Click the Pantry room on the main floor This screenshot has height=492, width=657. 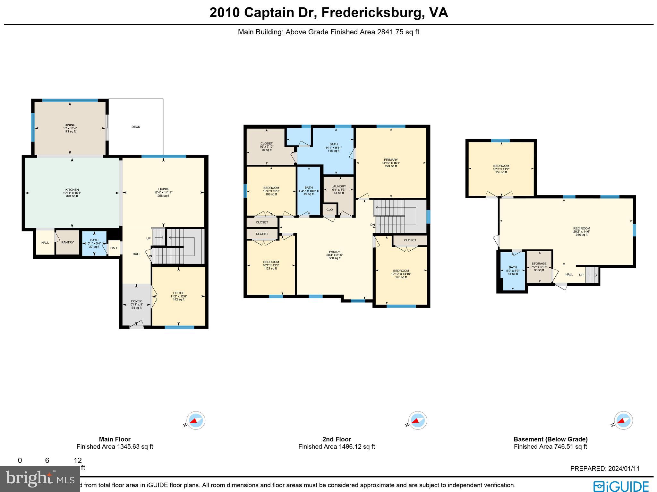pos(67,243)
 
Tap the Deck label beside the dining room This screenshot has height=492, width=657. pos(136,127)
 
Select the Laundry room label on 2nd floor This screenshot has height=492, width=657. pos(339,186)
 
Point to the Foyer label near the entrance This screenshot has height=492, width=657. pos(136,301)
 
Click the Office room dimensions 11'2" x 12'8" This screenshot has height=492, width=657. pos(179,296)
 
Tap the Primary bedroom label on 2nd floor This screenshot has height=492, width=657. pos(391,160)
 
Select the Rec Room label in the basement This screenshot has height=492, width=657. pos(581,229)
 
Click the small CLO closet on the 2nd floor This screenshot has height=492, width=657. pos(329,210)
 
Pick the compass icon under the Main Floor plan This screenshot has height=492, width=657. pos(196,420)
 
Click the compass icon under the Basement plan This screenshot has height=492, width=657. pos(623,420)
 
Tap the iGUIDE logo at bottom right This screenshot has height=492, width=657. pos(621,486)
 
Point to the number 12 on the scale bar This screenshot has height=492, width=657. pos(78,461)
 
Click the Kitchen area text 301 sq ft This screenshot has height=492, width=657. pos(72,196)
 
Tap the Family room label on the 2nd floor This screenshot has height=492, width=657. pos(334,252)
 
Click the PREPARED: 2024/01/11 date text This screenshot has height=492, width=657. pos(605,469)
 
